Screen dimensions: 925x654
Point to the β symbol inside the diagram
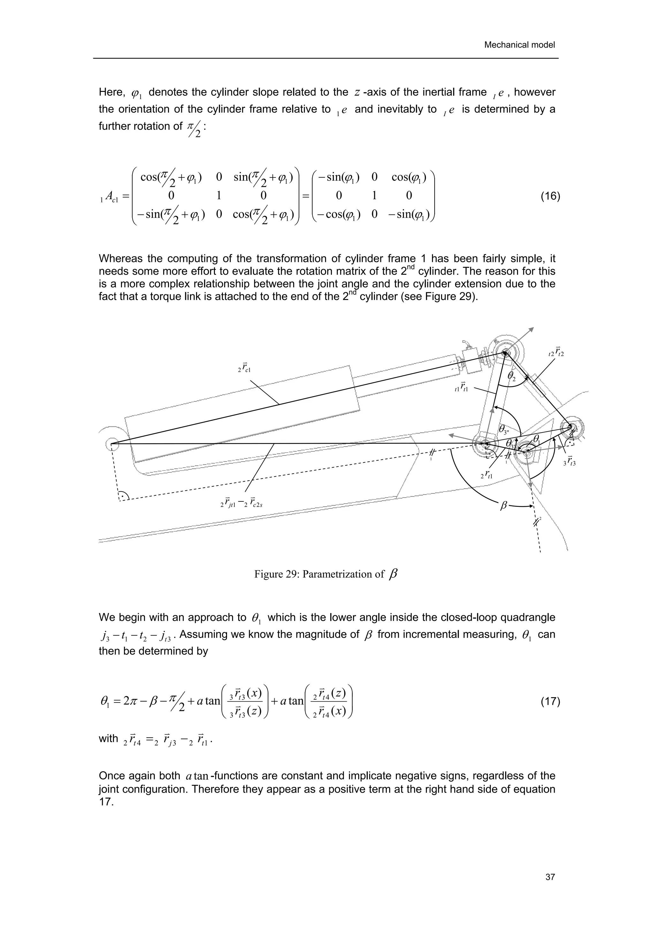coord(503,506)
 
